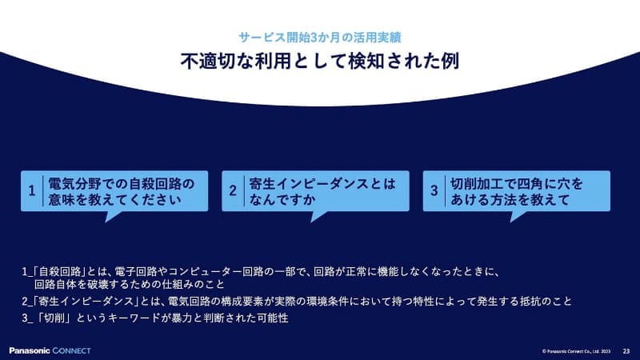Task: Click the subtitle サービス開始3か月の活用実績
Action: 319,37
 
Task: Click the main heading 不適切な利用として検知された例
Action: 319,61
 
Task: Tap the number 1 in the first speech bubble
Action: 31,191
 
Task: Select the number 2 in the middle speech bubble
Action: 233,191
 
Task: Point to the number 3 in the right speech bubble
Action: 434,191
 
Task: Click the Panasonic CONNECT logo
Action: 50,350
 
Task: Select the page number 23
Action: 626,350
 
